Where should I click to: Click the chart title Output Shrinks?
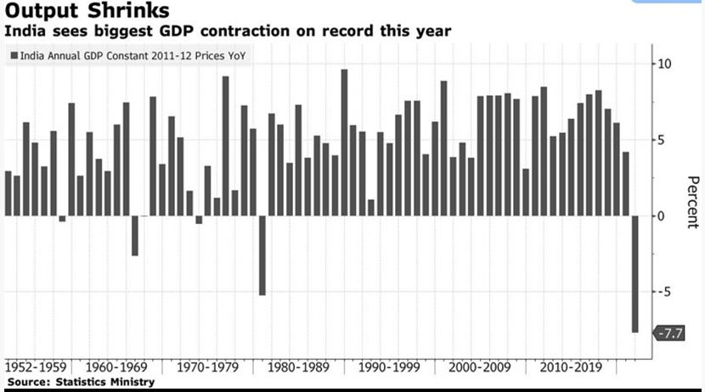click(87, 11)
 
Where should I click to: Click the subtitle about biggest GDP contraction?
click(228, 31)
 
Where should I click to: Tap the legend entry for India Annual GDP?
click(128, 56)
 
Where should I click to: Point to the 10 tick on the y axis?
click(663, 64)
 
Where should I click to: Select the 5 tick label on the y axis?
click(660, 140)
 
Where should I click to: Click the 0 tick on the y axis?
click(660, 216)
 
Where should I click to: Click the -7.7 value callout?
click(669, 333)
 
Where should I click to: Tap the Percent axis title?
click(693, 202)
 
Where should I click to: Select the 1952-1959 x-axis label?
click(36, 367)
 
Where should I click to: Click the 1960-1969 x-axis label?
click(116, 367)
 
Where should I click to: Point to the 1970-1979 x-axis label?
click(207, 367)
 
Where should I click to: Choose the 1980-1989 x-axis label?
click(298, 367)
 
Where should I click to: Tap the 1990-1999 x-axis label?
click(389, 367)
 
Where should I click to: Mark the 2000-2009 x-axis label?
click(480, 367)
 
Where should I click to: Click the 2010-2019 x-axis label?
click(571, 367)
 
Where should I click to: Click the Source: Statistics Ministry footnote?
click(81, 382)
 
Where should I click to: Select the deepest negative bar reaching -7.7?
click(634, 274)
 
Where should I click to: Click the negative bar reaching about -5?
click(262, 255)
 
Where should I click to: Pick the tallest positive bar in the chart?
click(344, 143)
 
